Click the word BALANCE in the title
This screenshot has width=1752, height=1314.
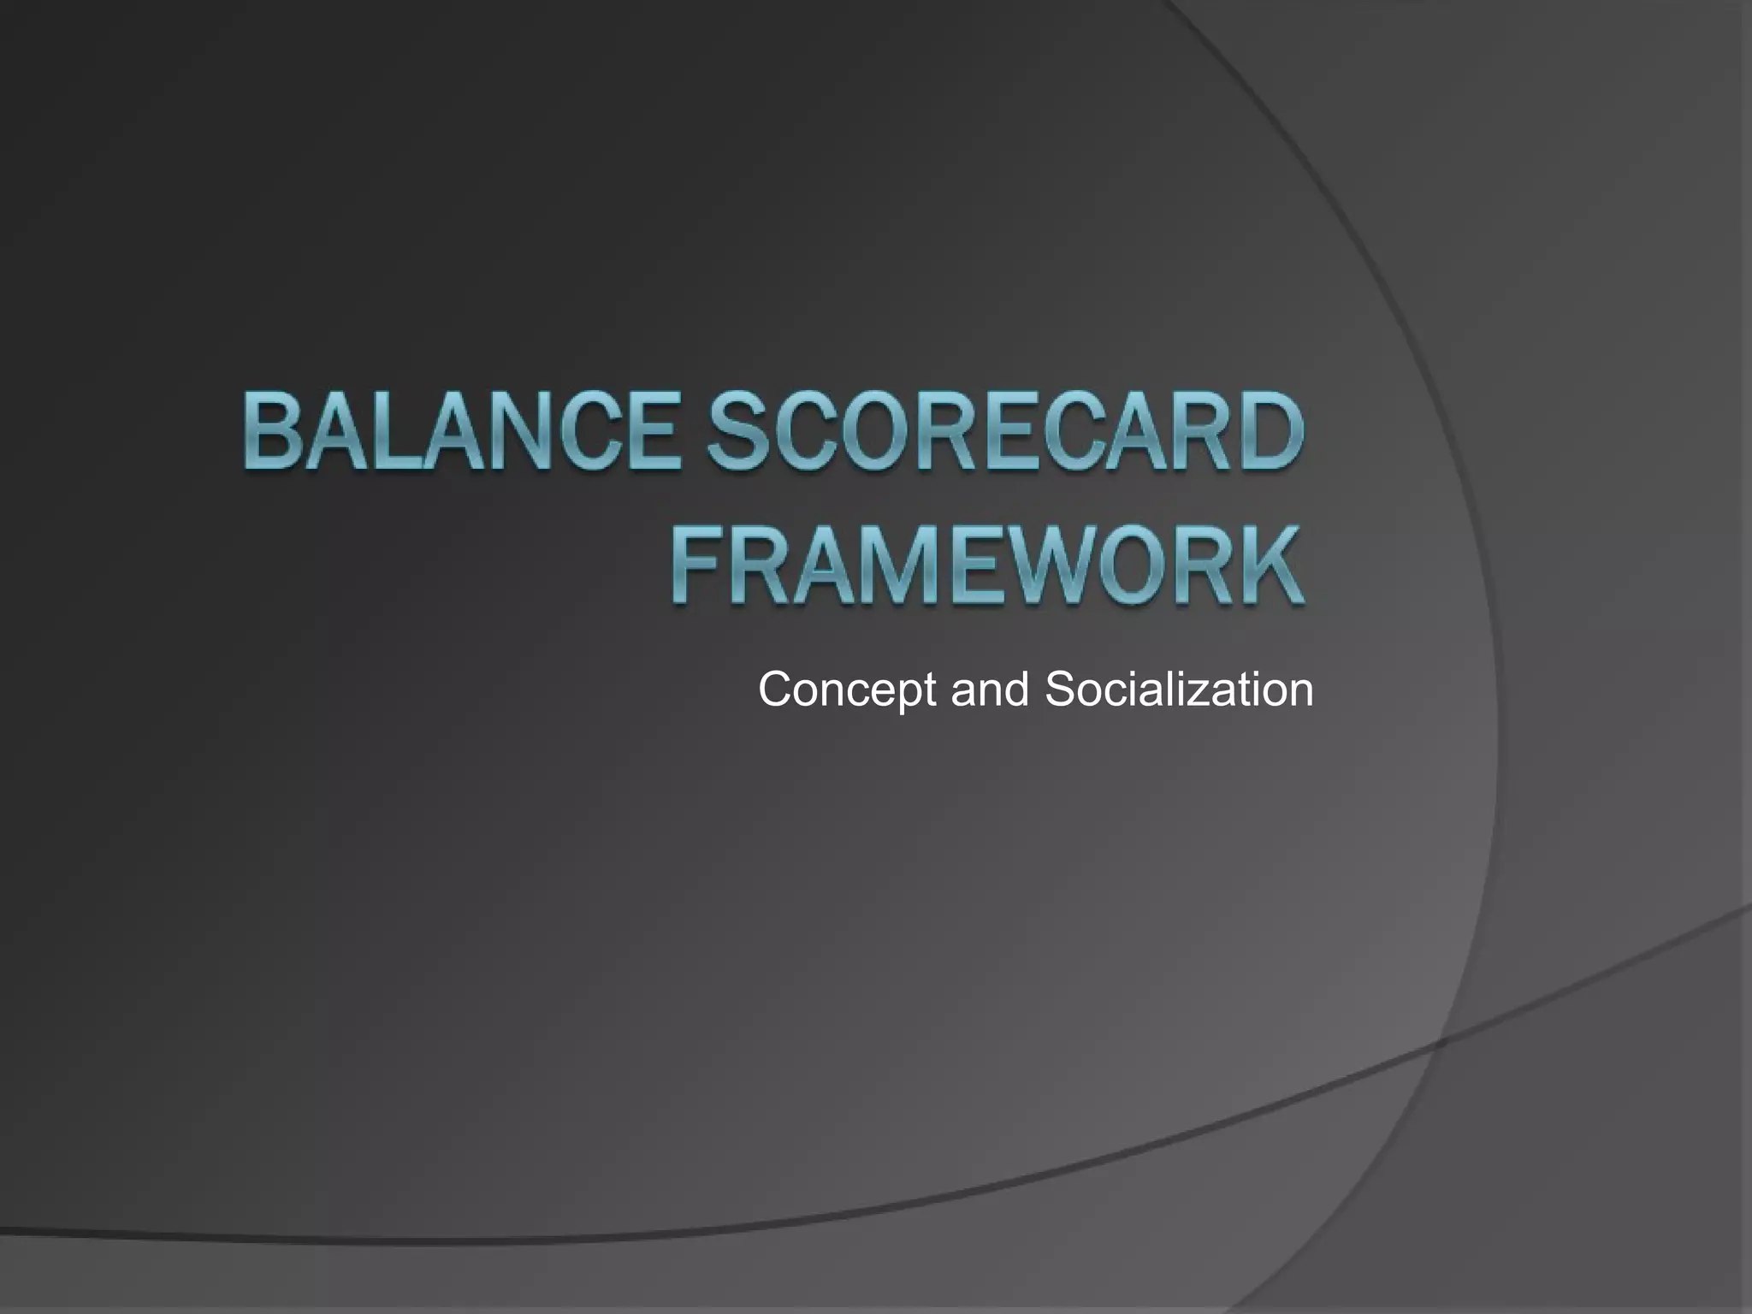pyautogui.click(x=462, y=431)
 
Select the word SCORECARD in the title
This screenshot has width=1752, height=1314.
pyautogui.click(x=1003, y=431)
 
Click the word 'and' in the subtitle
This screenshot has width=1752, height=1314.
pyautogui.click(x=990, y=690)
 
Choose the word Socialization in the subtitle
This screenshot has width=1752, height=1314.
pyautogui.click(x=1179, y=690)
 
